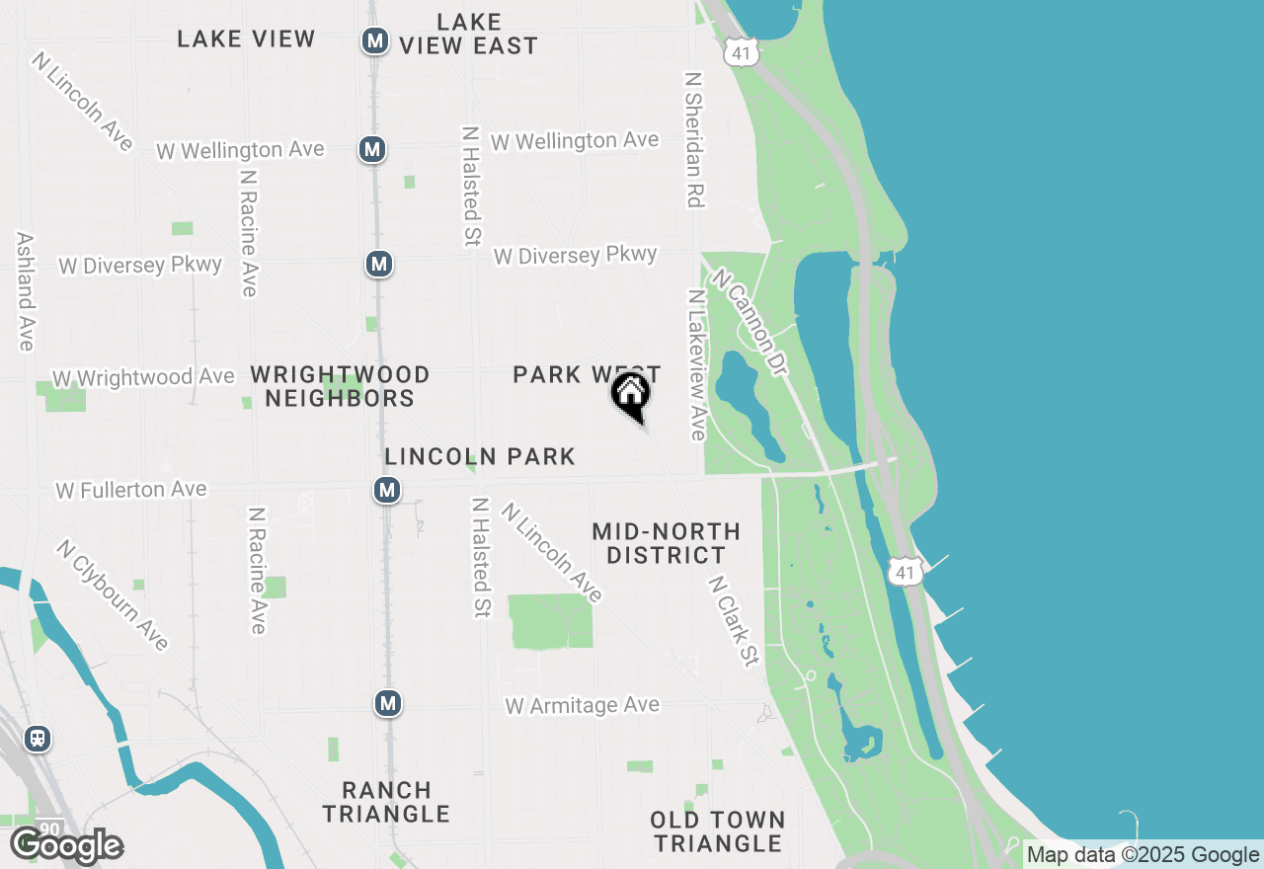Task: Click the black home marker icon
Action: click(x=631, y=395)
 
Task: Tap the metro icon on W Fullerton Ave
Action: click(x=387, y=490)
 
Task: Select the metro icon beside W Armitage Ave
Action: click(x=388, y=703)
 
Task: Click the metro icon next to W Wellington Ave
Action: click(x=372, y=149)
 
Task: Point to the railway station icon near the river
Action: click(x=38, y=738)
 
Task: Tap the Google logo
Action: click(x=66, y=846)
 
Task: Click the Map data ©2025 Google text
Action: click(x=1143, y=855)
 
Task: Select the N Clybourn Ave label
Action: click(x=112, y=594)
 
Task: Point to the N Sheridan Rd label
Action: click(x=694, y=138)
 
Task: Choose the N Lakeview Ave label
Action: click(x=697, y=364)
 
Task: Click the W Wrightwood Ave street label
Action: click(x=143, y=377)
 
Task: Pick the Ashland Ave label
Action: click(x=26, y=291)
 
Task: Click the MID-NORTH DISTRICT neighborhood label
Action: click(x=666, y=544)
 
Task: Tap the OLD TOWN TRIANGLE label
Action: click(x=718, y=831)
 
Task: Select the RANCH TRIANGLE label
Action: click(x=386, y=802)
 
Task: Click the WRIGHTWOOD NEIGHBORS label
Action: click(x=340, y=386)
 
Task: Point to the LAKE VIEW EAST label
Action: click(x=469, y=34)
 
